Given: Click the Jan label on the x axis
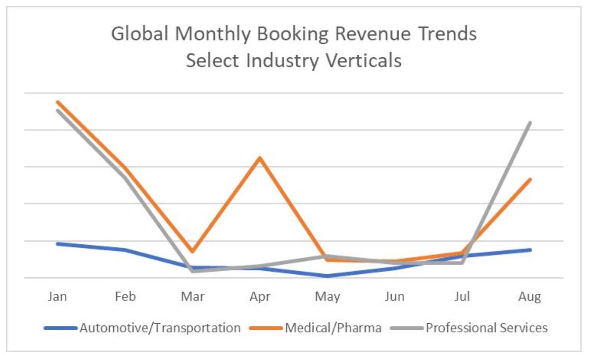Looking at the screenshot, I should point(57,296).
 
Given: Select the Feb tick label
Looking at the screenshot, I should point(125,296).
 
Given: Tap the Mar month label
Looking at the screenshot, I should point(193,296).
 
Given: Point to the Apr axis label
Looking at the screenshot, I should point(260,297).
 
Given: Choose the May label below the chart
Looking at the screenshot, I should point(327,297).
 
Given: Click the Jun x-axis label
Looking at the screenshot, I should point(394,296).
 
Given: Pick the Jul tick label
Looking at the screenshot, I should point(462,296).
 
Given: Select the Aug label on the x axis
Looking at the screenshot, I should point(530,297).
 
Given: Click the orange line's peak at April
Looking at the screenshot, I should point(260,158).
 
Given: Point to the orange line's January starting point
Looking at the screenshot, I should point(58,102).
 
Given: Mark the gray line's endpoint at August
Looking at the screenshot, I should point(530,123).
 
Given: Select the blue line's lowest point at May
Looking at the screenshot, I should point(327,276).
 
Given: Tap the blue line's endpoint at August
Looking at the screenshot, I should point(530,250).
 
